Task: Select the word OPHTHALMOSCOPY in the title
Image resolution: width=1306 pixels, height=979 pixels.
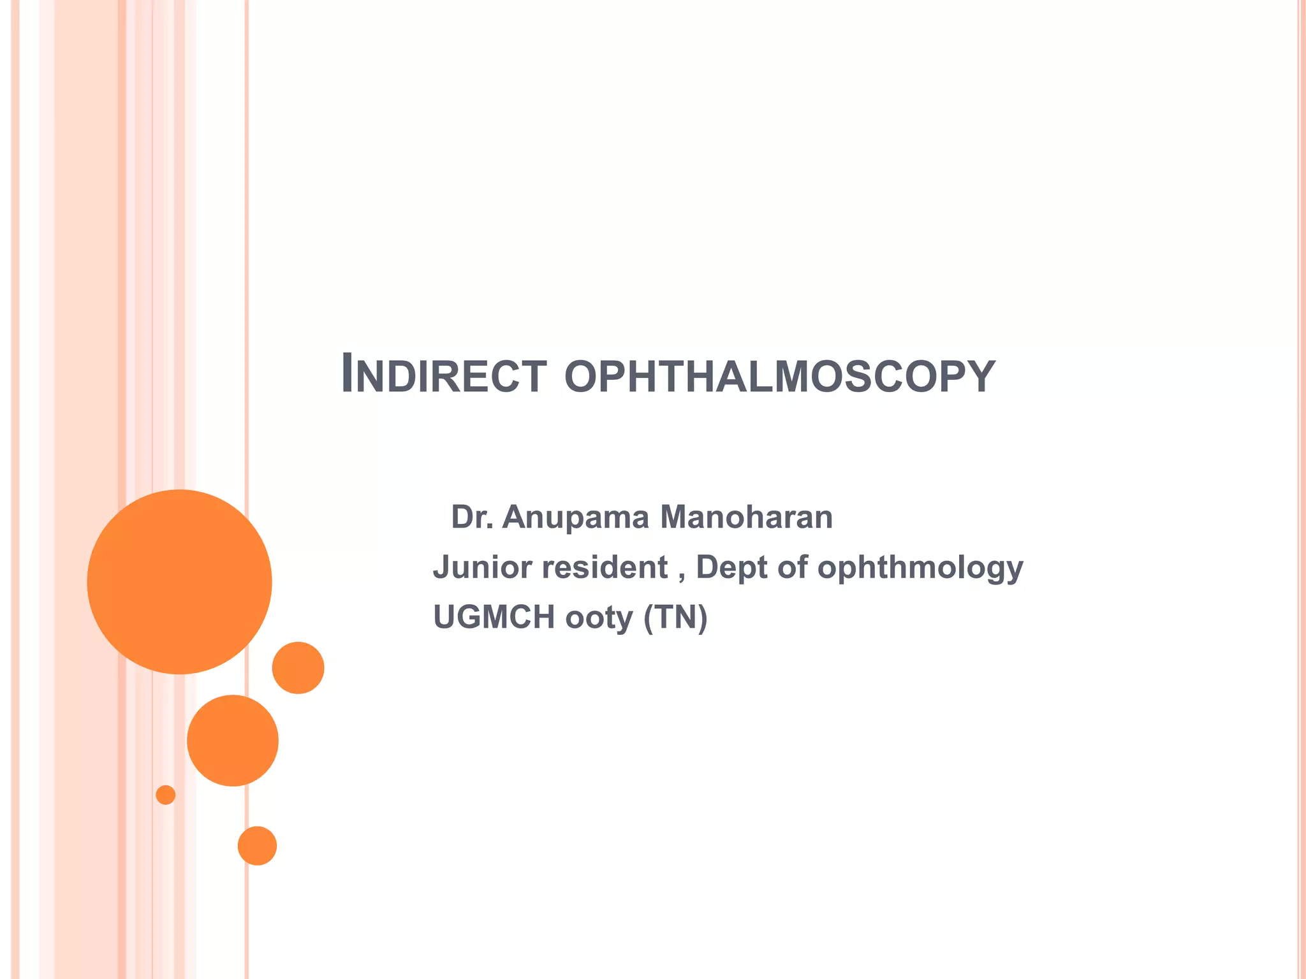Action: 779,377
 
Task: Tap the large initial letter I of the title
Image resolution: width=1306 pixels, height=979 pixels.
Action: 348,373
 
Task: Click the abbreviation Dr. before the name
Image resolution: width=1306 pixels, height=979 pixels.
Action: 472,517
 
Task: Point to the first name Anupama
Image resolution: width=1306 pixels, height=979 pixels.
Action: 575,518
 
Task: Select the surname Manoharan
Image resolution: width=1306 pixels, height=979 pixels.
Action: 746,517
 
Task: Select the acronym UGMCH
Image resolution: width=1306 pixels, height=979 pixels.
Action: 494,618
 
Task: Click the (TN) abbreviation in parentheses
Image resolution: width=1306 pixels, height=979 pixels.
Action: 675,618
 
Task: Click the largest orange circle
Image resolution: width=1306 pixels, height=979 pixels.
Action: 179,582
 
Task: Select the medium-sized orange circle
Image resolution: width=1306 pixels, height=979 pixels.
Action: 233,741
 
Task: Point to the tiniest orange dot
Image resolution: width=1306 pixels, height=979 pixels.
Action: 166,795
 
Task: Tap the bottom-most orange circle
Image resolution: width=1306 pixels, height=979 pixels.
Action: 257,846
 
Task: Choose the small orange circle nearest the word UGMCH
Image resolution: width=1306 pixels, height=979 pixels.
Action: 298,668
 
